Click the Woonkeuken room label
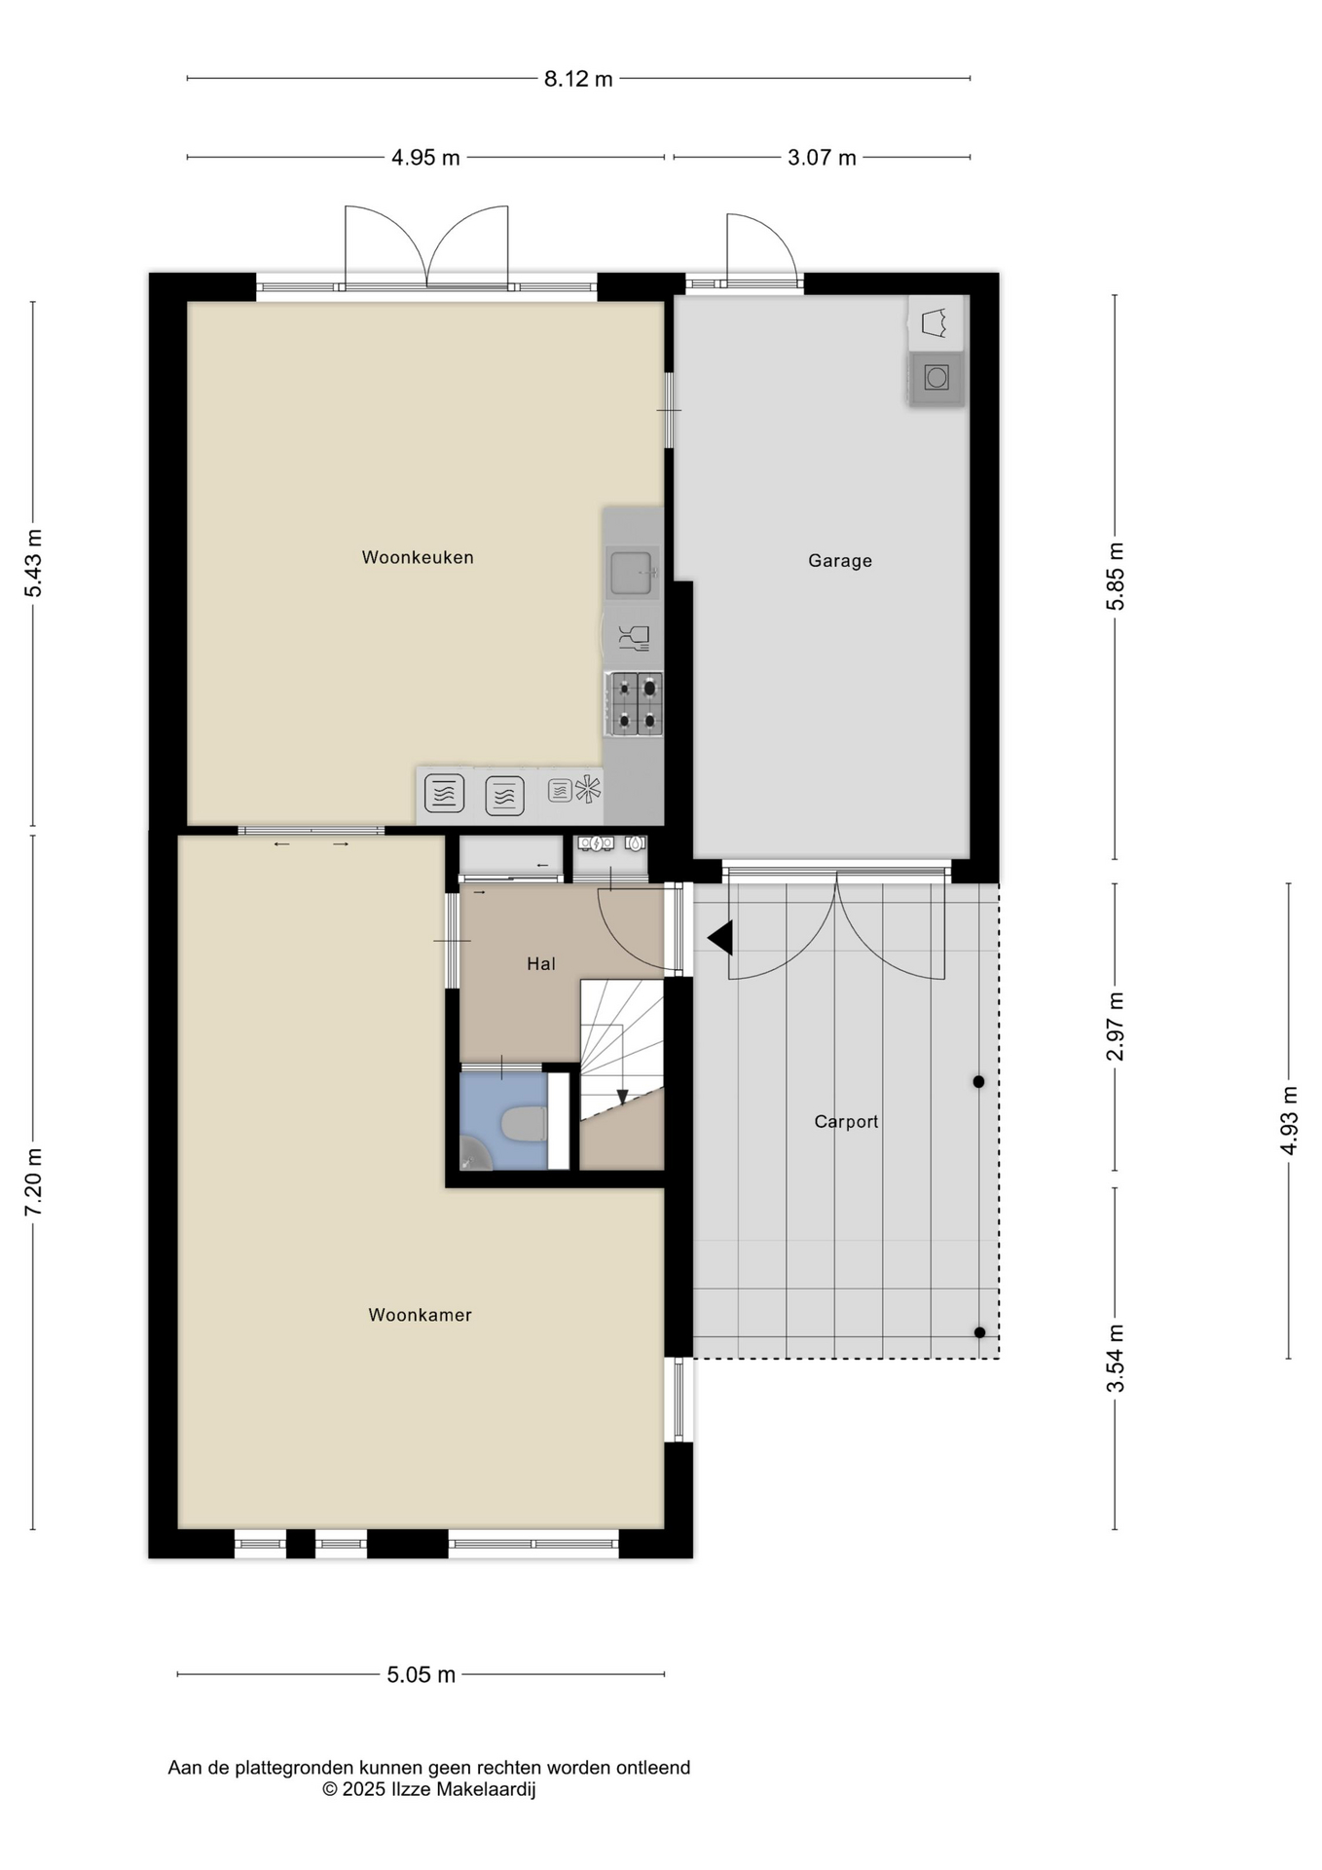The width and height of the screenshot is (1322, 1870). click(x=418, y=557)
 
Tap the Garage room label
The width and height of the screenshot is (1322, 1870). click(x=840, y=560)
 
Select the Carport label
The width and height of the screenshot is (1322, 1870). click(x=846, y=1121)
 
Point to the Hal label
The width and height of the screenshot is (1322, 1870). click(x=541, y=963)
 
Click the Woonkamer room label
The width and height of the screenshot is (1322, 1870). click(x=420, y=1315)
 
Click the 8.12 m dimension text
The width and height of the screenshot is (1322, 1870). click(x=578, y=79)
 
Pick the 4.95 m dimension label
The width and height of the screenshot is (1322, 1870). click(x=425, y=157)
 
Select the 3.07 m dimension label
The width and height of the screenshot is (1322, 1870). click(x=822, y=157)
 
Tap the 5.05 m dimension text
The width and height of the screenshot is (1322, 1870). click(x=422, y=1674)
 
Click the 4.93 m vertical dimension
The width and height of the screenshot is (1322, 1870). click(x=1289, y=1120)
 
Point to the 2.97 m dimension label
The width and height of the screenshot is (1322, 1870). click(x=1116, y=1027)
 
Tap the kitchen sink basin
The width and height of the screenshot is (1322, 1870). click(x=630, y=572)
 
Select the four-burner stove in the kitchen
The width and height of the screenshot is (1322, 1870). click(x=636, y=703)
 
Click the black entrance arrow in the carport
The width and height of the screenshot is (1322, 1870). click(x=720, y=939)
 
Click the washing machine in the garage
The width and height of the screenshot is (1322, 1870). click(x=936, y=377)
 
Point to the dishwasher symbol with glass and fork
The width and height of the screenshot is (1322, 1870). click(x=634, y=638)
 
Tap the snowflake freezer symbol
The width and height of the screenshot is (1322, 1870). click(x=588, y=789)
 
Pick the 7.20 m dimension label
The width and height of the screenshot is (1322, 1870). click(x=33, y=1180)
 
